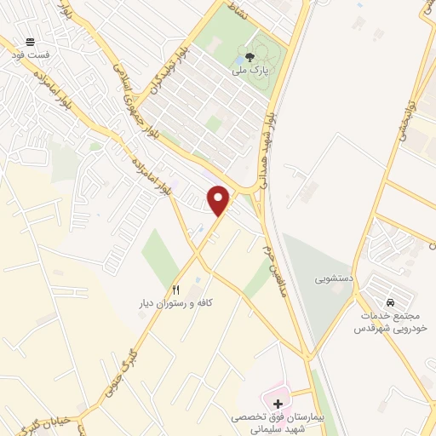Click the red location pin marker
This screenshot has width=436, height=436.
[x=220, y=199]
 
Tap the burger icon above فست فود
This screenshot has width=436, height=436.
[x=31, y=42]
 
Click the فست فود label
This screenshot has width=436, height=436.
[x=31, y=54]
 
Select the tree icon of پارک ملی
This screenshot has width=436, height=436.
[x=250, y=58]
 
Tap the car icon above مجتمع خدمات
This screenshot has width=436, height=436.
[x=390, y=302]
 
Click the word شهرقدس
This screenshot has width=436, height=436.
[x=405, y=328]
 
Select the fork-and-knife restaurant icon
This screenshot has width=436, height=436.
[x=176, y=290]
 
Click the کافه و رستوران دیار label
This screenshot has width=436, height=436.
[x=176, y=303]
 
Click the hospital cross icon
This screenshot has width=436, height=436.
[x=278, y=402]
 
